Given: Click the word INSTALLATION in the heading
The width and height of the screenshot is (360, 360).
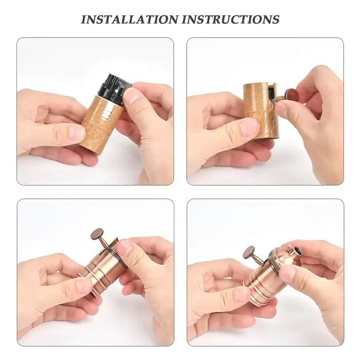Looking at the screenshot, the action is pos(130,20).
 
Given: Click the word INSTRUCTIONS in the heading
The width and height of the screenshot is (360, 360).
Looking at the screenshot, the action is pos(230,20).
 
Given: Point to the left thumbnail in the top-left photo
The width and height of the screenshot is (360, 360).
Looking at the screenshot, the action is pos(77,133).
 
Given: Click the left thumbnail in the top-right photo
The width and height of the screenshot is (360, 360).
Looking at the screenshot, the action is pos(250,127).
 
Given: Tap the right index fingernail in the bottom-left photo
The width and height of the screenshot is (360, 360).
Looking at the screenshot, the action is pos(125,246).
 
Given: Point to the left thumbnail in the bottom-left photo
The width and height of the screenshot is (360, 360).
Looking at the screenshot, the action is pos(84,285).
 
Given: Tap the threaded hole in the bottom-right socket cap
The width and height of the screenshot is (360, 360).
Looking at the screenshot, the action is pos(298,252).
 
